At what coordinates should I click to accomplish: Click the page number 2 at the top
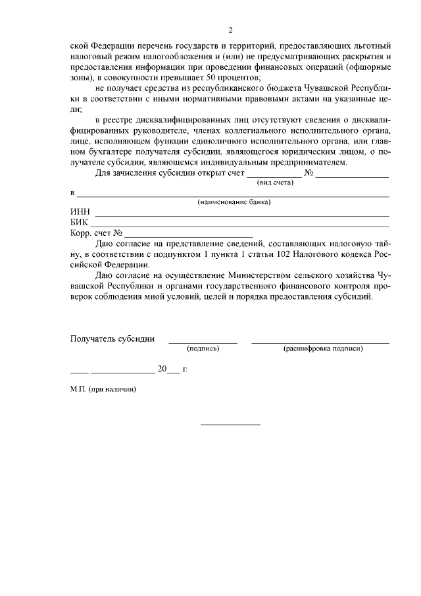click(230, 30)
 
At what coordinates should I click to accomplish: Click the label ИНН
click(80, 212)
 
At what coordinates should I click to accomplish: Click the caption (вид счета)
click(275, 182)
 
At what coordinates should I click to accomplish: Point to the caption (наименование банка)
click(235, 202)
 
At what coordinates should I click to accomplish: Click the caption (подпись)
click(203, 348)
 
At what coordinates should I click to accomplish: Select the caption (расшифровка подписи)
click(322, 348)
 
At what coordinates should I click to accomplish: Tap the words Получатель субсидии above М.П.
click(112, 339)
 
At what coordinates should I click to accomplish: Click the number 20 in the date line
click(162, 369)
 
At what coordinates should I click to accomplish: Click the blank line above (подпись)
click(203, 342)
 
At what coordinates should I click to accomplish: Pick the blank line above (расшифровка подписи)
click(320, 342)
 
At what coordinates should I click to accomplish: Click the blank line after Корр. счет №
click(189, 236)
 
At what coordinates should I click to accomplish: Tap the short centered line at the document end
click(230, 423)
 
